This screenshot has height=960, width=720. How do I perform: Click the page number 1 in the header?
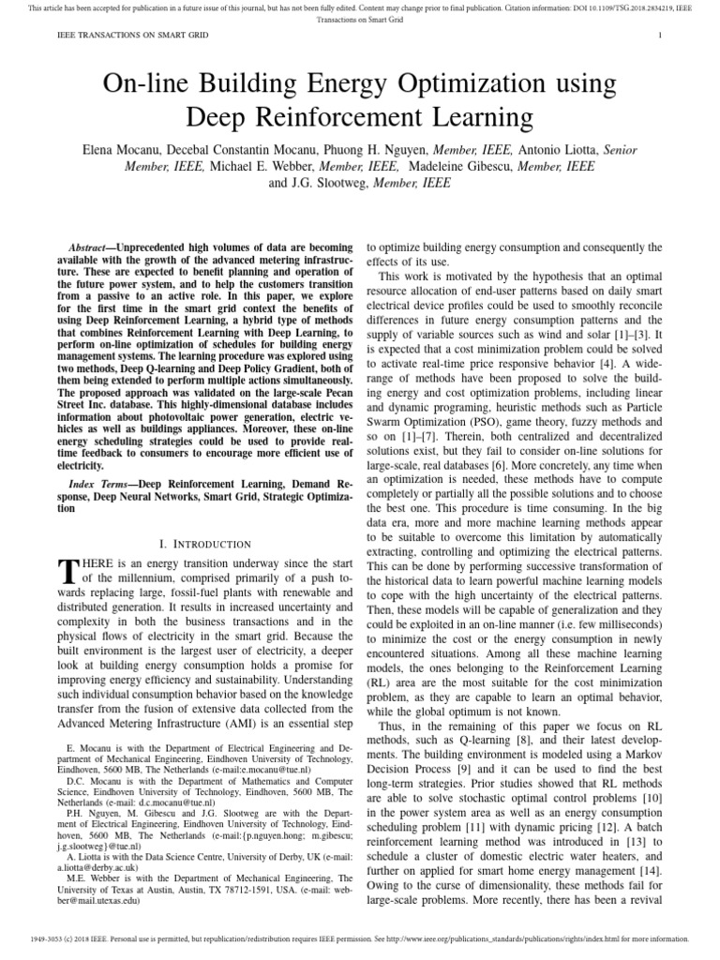tap(661, 36)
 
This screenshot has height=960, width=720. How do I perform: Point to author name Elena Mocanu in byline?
tap(126, 148)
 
